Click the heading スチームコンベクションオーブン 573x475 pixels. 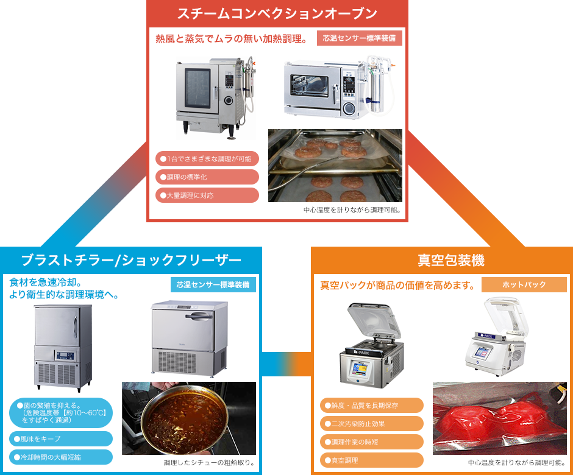tap(277, 13)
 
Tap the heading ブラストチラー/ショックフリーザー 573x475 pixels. tap(131, 260)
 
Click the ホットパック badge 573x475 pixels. tap(524, 284)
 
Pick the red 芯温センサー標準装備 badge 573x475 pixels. tap(359, 38)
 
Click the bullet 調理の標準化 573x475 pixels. tap(207, 177)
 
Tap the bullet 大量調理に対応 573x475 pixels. tap(207, 195)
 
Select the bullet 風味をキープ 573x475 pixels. tap(61, 438)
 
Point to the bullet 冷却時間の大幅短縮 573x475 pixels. tap(61, 457)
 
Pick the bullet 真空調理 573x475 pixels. tap(371, 460)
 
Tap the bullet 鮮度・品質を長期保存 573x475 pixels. tap(371, 406)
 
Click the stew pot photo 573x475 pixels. tap(189, 418)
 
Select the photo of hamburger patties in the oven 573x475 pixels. tap(335, 166)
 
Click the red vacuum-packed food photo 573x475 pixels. tap(500, 418)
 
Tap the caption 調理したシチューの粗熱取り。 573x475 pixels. tap(209, 463)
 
